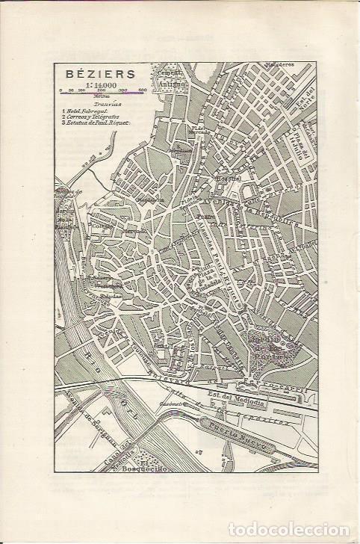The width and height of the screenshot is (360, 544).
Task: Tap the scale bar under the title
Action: tap(97, 93)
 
